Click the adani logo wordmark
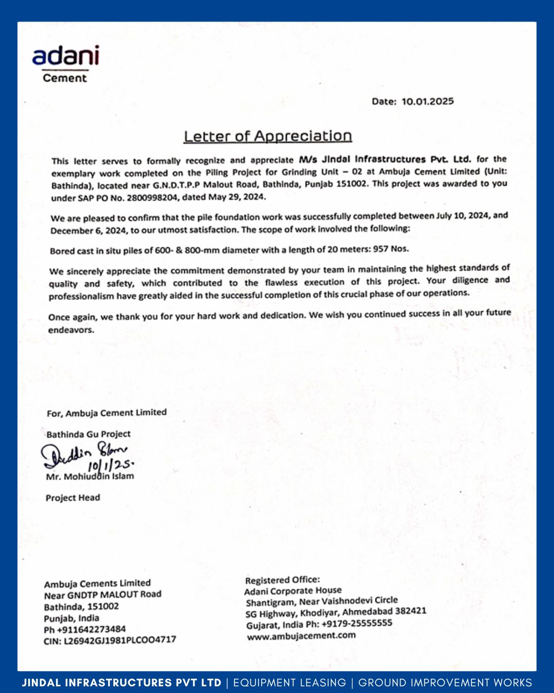65,56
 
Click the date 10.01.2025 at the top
427,101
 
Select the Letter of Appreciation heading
268,136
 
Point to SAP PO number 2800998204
153,198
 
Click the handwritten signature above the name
85,454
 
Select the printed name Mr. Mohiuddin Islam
90,476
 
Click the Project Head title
73,497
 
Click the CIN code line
110,641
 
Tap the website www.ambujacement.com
301,636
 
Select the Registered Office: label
282,580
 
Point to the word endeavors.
71,330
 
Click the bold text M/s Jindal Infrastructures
362,160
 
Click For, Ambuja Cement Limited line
107,413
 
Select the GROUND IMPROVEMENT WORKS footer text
445,683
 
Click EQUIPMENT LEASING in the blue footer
290,683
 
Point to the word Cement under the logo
65,78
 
